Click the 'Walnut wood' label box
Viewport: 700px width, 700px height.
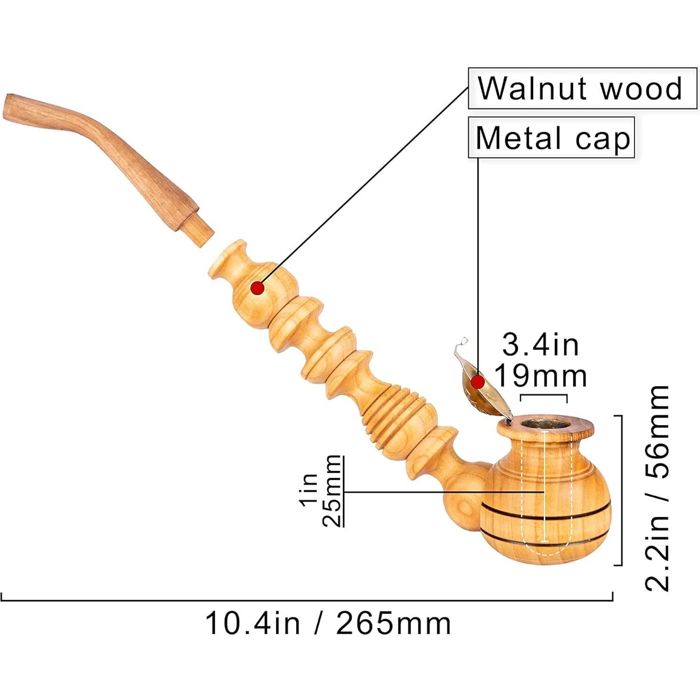582,89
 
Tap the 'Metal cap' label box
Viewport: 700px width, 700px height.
551,137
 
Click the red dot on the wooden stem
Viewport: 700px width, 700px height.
257,288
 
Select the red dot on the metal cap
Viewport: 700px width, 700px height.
478,381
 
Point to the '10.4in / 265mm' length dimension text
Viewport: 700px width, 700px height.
328,624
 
